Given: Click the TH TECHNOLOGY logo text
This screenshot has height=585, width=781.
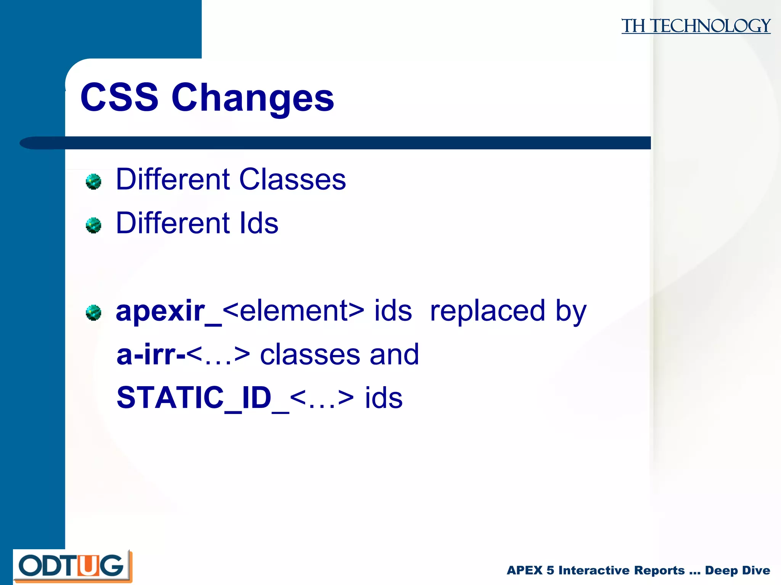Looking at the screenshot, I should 696,26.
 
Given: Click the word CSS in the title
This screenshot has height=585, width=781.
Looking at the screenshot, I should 119,97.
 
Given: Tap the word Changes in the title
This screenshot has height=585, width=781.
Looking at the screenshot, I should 252,98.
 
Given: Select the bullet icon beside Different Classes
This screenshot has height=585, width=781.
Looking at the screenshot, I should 93,182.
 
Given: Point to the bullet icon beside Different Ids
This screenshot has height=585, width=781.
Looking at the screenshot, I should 93,225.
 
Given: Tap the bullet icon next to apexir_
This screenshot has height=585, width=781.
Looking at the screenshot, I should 93,313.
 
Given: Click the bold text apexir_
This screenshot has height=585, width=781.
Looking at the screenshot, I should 168,312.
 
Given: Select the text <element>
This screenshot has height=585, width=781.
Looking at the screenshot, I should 293,311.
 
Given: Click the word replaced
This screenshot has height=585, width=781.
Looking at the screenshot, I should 487,311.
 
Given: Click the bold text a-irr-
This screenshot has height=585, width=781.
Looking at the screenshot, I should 151,355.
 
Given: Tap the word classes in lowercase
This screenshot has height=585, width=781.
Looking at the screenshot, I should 310,355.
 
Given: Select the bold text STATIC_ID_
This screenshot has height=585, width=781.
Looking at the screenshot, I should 202,398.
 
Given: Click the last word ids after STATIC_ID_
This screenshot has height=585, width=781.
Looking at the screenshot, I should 384,398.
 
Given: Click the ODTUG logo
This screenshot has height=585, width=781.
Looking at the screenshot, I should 72,566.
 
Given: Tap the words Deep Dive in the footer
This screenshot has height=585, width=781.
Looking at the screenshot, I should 737,570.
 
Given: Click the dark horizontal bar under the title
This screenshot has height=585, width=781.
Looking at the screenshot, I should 343,143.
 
